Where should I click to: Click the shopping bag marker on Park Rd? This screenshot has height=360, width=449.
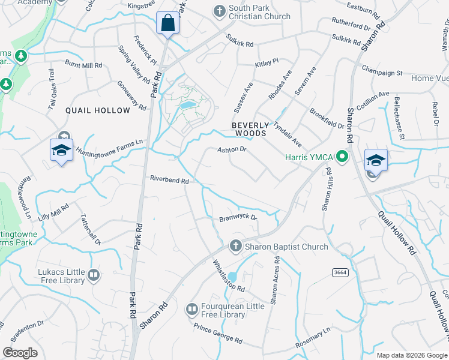coord(168,23)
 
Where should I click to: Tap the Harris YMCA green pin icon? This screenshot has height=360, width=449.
coord(342,158)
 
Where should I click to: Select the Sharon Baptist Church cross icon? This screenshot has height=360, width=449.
coord(235,246)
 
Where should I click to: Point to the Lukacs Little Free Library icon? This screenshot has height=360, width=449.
coord(94,275)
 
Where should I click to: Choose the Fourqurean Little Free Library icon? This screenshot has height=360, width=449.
coord(191,309)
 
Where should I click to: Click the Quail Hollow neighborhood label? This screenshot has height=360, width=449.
coord(97,110)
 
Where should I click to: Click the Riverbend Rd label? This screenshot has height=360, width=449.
coord(169,179)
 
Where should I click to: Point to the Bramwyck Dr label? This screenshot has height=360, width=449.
coord(238,218)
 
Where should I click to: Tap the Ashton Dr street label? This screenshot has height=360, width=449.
coord(232,149)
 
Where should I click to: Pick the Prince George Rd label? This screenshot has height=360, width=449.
coord(217,334)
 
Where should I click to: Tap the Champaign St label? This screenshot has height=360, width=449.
coord(382,71)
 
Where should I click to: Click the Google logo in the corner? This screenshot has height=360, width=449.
coord(20,352)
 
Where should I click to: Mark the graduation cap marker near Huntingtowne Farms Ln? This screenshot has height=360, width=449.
coord(61,149)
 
